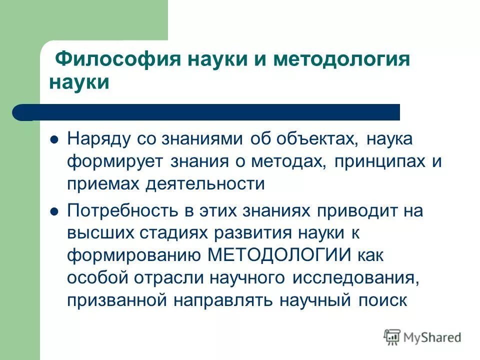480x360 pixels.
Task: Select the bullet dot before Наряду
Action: click(x=55, y=139)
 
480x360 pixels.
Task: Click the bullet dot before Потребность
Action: click(x=55, y=211)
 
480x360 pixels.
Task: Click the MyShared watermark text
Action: click(x=433, y=337)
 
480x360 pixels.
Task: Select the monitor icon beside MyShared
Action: click(x=392, y=336)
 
